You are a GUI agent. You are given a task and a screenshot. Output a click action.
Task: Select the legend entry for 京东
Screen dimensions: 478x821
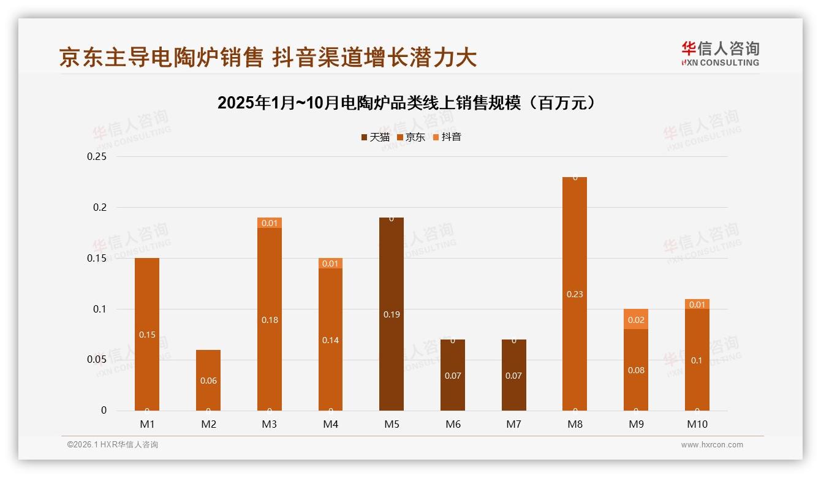(411, 137)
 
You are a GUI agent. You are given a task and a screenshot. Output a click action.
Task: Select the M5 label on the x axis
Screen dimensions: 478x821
(392, 424)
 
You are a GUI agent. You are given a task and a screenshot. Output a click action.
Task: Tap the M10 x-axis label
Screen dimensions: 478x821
(697, 424)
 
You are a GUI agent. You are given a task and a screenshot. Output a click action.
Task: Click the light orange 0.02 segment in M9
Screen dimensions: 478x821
(636, 319)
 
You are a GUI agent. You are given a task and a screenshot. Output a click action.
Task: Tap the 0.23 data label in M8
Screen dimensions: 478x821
(575, 294)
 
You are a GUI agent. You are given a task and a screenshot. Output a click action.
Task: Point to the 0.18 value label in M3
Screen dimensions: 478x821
(270, 320)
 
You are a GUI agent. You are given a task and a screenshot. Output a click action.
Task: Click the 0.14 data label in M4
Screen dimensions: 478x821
(330, 340)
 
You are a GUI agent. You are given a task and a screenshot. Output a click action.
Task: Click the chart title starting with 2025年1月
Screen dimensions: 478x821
(407, 103)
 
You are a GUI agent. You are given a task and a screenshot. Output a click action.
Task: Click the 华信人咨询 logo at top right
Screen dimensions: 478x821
(720, 54)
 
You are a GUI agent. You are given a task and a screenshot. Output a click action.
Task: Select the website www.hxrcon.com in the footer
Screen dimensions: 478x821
(712, 445)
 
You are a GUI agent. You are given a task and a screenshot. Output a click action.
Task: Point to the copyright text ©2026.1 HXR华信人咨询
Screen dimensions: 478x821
(113, 445)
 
